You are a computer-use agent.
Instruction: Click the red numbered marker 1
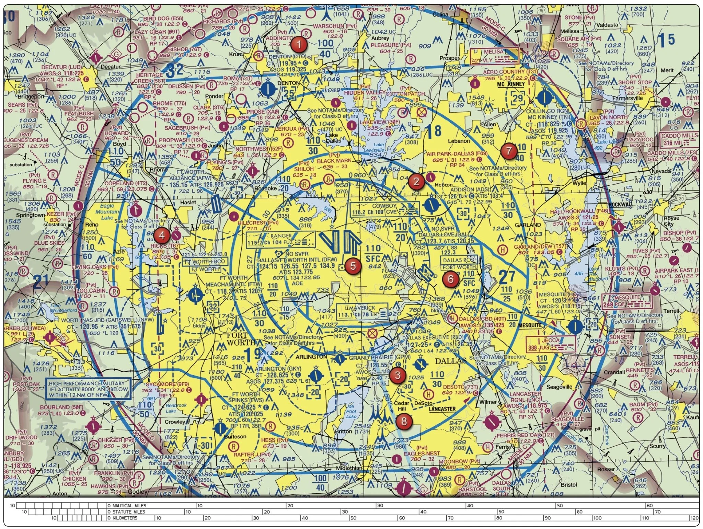pyautogui.click(x=299, y=44)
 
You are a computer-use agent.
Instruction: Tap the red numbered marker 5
pyautogui.click(x=353, y=266)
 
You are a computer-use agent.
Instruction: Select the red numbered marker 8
pyautogui.click(x=404, y=421)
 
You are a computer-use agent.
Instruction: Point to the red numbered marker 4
pyautogui.click(x=162, y=235)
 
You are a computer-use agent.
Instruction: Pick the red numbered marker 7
pyautogui.click(x=509, y=151)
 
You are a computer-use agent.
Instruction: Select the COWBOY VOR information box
pyautogui.click(x=384, y=209)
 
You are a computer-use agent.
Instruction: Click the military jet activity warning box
pyautogui.click(x=88, y=389)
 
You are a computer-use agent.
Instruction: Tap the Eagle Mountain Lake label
pyautogui.click(x=107, y=212)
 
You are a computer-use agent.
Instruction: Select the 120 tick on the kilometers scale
pyautogui.click(x=694, y=518)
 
